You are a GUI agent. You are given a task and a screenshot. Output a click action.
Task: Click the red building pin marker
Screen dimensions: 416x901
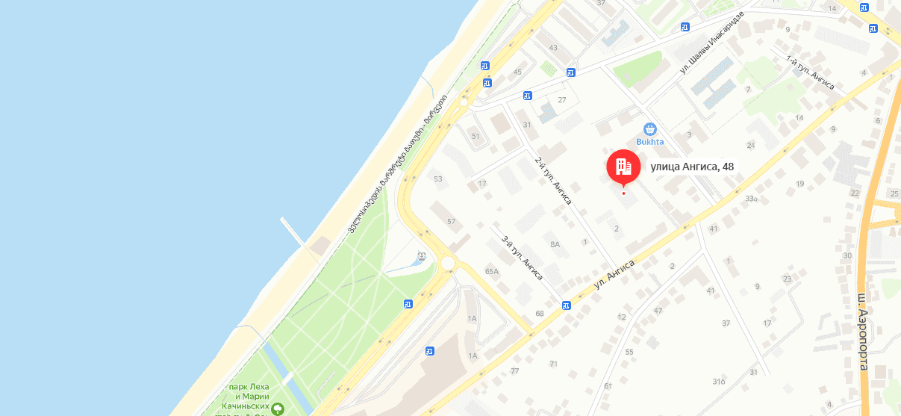pyautogui.click(x=623, y=167)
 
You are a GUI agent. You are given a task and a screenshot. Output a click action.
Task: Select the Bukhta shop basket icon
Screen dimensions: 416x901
pyautogui.click(x=649, y=128)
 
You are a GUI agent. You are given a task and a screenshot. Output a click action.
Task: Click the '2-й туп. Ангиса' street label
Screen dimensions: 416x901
pyautogui.click(x=553, y=181)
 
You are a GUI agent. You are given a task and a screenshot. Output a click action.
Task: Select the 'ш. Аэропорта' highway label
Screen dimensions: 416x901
pyautogui.click(x=863, y=332)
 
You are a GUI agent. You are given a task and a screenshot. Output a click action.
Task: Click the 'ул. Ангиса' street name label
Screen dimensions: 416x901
pyautogui.click(x=614, y=275)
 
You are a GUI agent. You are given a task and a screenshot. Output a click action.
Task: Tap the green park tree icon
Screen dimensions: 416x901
pyautogui.click(x=278, y=409)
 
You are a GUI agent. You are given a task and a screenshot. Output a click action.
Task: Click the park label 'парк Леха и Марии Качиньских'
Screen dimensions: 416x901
pyautogui.click(x=249, y=396)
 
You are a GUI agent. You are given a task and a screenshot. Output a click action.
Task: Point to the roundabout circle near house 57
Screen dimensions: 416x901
pyautogui.click(x=448, y=263)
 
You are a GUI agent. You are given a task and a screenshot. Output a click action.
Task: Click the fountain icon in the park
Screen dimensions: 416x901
pyautogui.click(x=422, y=256)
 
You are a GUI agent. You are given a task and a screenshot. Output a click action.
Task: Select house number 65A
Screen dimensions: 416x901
pyautogui.click(x=491, y=271)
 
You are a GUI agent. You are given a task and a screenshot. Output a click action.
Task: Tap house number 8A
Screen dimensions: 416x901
pyautogui.click(x=555, y=244)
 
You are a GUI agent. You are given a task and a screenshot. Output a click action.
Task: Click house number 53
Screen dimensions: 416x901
pyautogui.click(x=438, y=178)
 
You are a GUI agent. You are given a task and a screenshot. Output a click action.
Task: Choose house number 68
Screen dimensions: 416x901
pyautogui.click(x=540, y=313)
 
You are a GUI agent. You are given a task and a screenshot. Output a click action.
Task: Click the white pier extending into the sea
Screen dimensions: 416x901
pyautogui.click(x=293, y=232)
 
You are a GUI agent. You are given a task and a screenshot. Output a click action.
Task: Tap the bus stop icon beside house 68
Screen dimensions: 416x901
pyautogui.click(x=567, y=305)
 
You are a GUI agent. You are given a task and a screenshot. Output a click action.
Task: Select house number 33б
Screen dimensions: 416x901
pyautogui.click(x=750, y=199)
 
